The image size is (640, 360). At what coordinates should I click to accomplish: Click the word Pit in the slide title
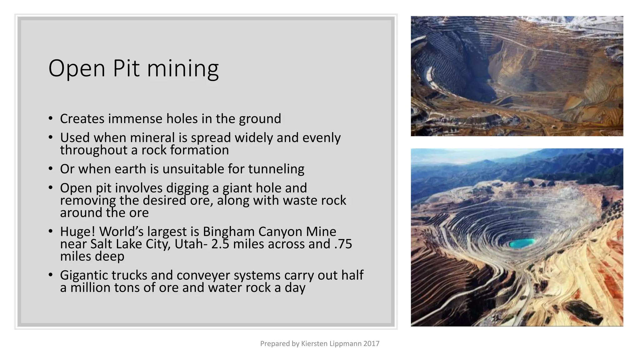tap(126, 68)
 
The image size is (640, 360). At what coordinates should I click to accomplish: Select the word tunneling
tap(276, 169)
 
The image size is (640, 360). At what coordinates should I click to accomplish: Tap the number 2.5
tap(220, 244)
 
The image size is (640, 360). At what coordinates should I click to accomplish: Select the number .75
tap(343, 244)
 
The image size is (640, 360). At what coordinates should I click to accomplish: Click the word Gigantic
tap(84, 276)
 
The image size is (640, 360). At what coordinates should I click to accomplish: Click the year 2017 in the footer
tap(371, 344)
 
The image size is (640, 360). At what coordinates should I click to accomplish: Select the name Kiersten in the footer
tap(314, 344)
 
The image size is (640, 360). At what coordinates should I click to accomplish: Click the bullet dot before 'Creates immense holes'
tap(51, 119)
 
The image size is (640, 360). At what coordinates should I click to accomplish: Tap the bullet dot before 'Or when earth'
tap(51, 169)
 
